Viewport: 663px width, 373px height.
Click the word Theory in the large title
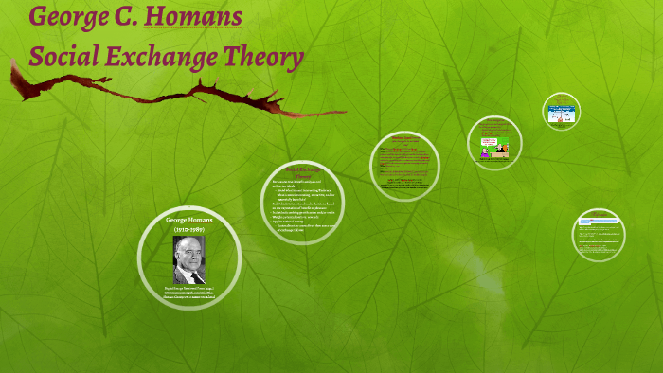tap(262, 59)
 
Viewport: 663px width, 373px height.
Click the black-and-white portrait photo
tap(189, 259)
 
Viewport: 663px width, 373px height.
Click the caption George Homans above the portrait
tap(189, 221)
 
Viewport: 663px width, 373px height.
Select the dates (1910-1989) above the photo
tap(189, 230)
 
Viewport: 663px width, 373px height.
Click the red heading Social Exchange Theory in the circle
tap(301, 172)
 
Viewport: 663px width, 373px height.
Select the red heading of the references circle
tap(599, 218)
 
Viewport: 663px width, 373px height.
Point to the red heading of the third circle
tap(404, 137)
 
